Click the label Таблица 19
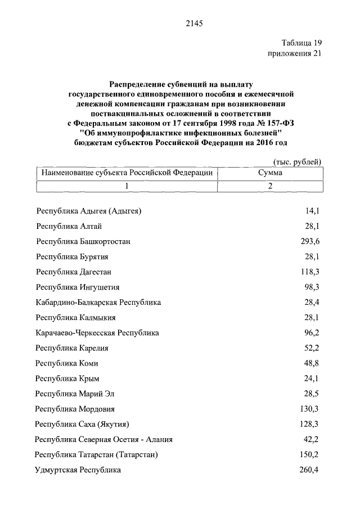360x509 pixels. [x=301, y=43]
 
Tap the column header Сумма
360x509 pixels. [x=270, y=173]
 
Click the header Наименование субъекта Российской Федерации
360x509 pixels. [x=127, y=173]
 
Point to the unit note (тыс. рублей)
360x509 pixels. [x=297, y=161]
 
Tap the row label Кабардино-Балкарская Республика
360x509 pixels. [x=98, y=302]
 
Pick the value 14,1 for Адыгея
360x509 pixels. [x=312, y=211]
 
